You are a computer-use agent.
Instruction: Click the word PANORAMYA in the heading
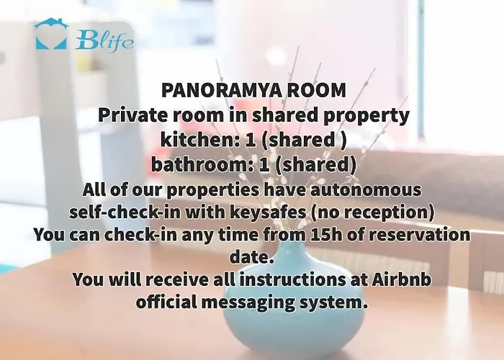222,90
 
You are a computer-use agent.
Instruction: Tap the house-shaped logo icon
51,34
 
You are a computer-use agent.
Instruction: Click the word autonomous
366,189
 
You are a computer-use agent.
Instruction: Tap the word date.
252,256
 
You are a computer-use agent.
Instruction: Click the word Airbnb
402,279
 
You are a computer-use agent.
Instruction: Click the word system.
333,303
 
